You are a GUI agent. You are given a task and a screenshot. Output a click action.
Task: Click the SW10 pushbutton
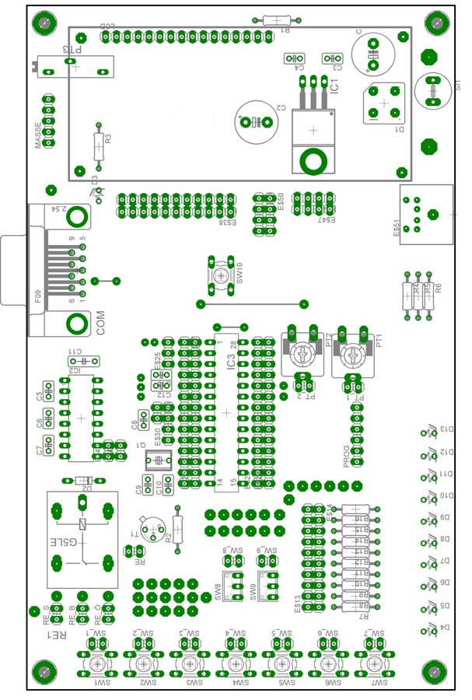(x=222, y=275)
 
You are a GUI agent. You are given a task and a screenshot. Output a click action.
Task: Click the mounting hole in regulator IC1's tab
(x=313, y=162)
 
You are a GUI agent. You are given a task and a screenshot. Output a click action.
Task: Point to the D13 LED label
(x=446, y=429)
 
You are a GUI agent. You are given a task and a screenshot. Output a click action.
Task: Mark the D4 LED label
(x=446, y=627)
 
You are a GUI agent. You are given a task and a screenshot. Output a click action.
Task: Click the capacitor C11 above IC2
(x=84, y=360)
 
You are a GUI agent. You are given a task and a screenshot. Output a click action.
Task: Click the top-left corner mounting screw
(x=44, y=23)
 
